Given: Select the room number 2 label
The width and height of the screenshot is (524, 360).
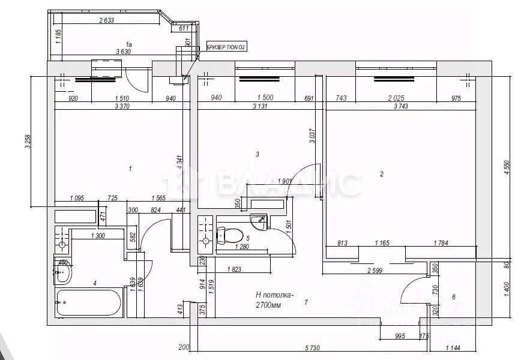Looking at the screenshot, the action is pyautogui.click(x=382, y=175).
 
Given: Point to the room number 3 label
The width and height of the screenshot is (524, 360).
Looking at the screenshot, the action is pyautogui.click(x=257, y=155).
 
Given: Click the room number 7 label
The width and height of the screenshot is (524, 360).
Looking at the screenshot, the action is pyautogui.click(x=306, y=302).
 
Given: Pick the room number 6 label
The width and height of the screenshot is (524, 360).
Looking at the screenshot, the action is pyautogui.click(x=454, y=297).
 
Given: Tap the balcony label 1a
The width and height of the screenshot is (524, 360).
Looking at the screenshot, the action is pyautogui.click(x=128, y=43).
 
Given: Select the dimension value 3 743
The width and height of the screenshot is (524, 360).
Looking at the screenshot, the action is pyautogui.click(x=400, y=106).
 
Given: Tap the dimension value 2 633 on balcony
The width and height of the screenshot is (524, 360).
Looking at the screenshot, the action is pyautogui.click(x=106, y=20).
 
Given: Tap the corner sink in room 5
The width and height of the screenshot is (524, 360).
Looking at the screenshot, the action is pyautogui.click(x=260, y=220).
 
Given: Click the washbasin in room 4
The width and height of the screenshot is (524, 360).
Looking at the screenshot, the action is pyautogui.click(x=62, y=275).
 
